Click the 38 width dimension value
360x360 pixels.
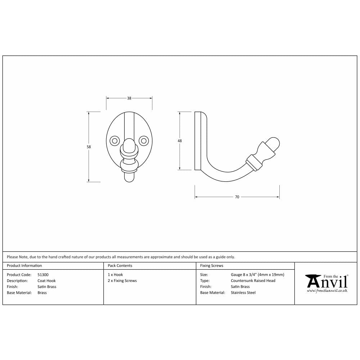click(129, 98)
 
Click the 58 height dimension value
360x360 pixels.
click(89, 147)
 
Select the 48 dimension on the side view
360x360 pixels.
click(180, 141)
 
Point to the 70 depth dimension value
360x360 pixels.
click(237, 197)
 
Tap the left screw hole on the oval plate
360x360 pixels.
click(115, 140)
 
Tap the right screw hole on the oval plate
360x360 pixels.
click(144, 140)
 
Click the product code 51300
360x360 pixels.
click(43, 275)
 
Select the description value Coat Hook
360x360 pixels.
click(46, 281)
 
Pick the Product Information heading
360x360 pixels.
click(24, 266)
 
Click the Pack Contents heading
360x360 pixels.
click(120, 266)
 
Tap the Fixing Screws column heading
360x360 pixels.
click(212, 266)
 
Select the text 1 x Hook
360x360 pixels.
click(115, 275)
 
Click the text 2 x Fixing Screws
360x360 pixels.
click(122, 281)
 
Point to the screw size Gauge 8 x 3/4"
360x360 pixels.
click(257, 275)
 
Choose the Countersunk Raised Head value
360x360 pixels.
click(253, 281)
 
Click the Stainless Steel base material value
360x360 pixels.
click(243, 293)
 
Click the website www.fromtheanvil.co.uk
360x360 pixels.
click(327, 290)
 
